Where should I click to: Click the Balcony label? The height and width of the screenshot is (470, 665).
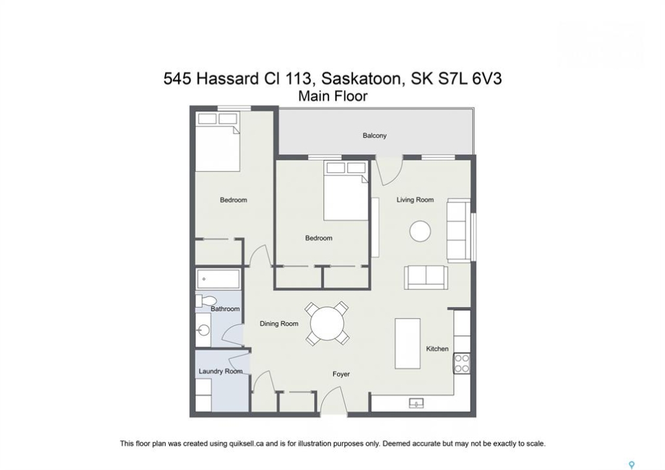(375, 136)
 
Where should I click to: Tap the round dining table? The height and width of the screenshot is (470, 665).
(327, 324)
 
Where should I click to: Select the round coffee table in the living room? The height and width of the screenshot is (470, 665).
(420, 231)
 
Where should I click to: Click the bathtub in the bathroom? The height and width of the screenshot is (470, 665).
(219, 279)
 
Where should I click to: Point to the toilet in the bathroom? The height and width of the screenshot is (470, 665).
(205, 301)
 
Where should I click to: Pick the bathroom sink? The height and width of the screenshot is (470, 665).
(204, 330)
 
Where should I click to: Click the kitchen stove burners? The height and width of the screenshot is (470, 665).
(462, 364)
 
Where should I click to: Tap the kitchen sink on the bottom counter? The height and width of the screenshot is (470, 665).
(416, 403)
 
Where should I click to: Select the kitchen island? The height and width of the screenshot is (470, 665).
(408, 343)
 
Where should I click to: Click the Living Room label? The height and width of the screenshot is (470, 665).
(415, 200)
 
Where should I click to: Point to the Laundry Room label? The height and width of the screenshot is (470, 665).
(221, 371)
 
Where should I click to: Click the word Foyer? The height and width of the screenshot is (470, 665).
(341, 374)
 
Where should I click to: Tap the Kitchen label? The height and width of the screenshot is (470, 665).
(437, 349)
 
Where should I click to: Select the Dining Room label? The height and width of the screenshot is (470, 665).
(279, 324)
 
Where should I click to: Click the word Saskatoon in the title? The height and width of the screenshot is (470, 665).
(361, 79)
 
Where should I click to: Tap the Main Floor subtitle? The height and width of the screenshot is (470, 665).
(333, 97)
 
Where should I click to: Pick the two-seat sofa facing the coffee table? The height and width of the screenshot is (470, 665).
(425, 277)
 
